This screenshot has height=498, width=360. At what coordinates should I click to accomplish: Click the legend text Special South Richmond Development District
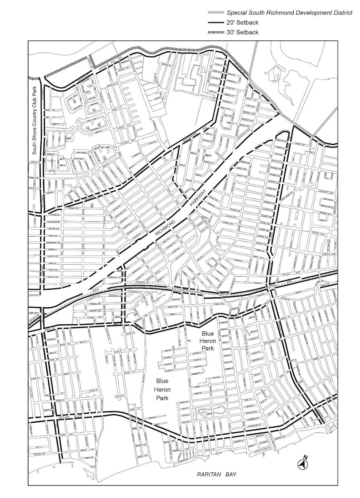coord(289,13)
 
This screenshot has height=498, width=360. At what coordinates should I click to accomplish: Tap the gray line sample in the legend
coord(216,13)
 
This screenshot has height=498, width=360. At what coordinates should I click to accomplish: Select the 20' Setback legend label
coord(243,22)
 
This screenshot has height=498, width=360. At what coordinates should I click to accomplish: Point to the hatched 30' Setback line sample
coord(216,32)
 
